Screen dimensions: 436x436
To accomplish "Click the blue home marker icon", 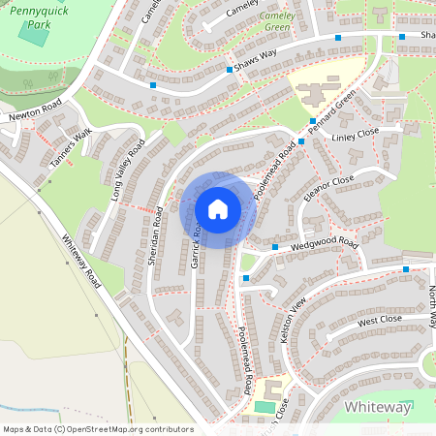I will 218,209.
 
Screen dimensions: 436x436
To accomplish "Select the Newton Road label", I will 36,108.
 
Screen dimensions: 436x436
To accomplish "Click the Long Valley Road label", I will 128,169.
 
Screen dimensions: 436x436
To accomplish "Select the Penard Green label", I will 333,110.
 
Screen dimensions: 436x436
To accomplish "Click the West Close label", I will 379,319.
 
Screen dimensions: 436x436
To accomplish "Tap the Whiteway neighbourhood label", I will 377,407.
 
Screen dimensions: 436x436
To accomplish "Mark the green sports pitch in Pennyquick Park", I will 35,37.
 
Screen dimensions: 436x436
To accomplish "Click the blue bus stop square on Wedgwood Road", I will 275,247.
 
